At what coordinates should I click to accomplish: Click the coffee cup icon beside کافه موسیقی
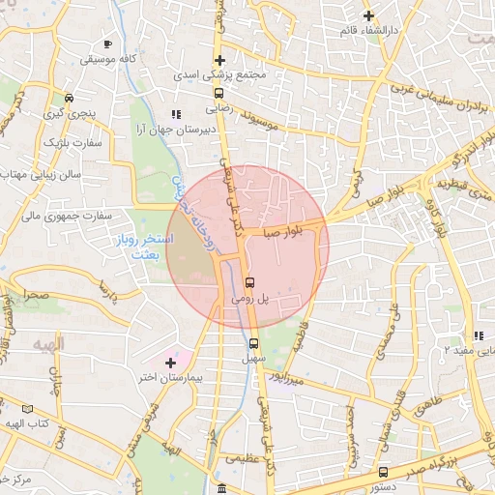point(107,44)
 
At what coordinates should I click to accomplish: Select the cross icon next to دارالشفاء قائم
point(367,15)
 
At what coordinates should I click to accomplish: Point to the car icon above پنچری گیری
point(69,98)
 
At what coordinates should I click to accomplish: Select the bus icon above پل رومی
point(250,282)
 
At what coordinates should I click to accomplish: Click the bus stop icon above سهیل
point(254,343)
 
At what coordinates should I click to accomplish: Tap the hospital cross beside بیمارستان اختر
point(171,362)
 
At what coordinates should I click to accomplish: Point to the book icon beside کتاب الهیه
point(40,409)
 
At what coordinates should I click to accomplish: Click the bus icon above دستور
point(384,472)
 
